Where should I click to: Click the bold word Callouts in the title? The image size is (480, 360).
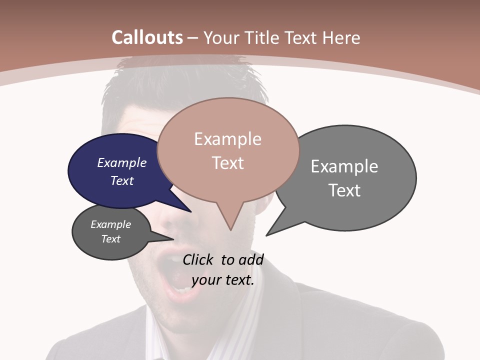147,37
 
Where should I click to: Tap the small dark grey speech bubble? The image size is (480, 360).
100,250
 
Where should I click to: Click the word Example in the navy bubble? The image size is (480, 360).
121,162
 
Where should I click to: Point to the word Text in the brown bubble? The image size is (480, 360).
228,163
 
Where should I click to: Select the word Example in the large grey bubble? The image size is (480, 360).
344,166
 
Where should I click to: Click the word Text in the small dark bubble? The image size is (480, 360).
110,239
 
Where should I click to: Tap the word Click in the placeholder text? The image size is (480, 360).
198,259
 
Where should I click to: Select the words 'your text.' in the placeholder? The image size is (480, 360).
223,280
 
